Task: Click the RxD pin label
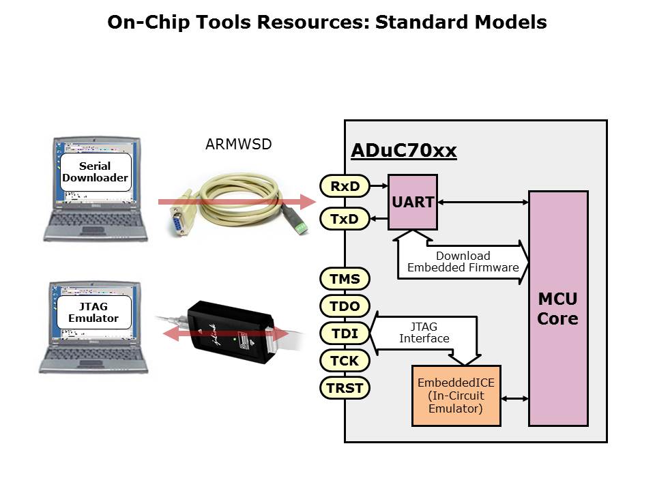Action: [x=345, y=185]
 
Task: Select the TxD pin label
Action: [x=345, y=219]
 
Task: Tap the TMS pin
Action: [x=345, y=279]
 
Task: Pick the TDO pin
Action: [x=345, y=306]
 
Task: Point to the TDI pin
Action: [x=345, y=333]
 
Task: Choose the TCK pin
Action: [x=345, y=361]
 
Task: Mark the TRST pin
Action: [x=345, y=388]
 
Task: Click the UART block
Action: [x=412, y=202]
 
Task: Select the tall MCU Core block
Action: [x=558, y=308]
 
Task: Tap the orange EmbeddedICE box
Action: [x=456, y=396]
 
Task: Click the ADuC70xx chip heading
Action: [x=403, y=151]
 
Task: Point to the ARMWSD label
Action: [x=238, y=145]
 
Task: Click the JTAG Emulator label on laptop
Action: [x=93, y=312]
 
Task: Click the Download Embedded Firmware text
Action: [x=463, y=262]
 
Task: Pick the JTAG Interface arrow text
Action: [x=424, y=333]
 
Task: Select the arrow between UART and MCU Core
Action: [x=483, y=201]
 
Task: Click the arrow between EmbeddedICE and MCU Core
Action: [x=515, y=397]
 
